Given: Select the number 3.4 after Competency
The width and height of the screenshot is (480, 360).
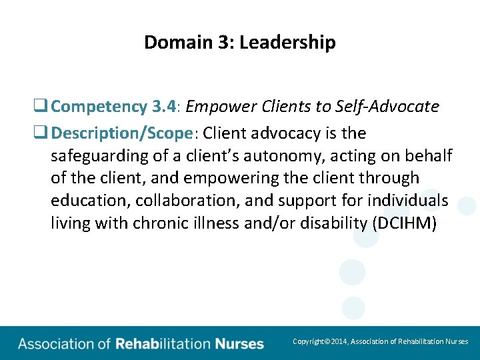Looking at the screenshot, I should (x=164, y=107).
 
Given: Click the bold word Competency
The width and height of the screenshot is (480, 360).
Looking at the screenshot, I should (x=99, y=107).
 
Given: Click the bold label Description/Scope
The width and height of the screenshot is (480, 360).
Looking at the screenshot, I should (x=122, y=133).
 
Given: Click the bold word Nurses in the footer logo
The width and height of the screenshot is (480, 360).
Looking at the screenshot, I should (x=239, y=345).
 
